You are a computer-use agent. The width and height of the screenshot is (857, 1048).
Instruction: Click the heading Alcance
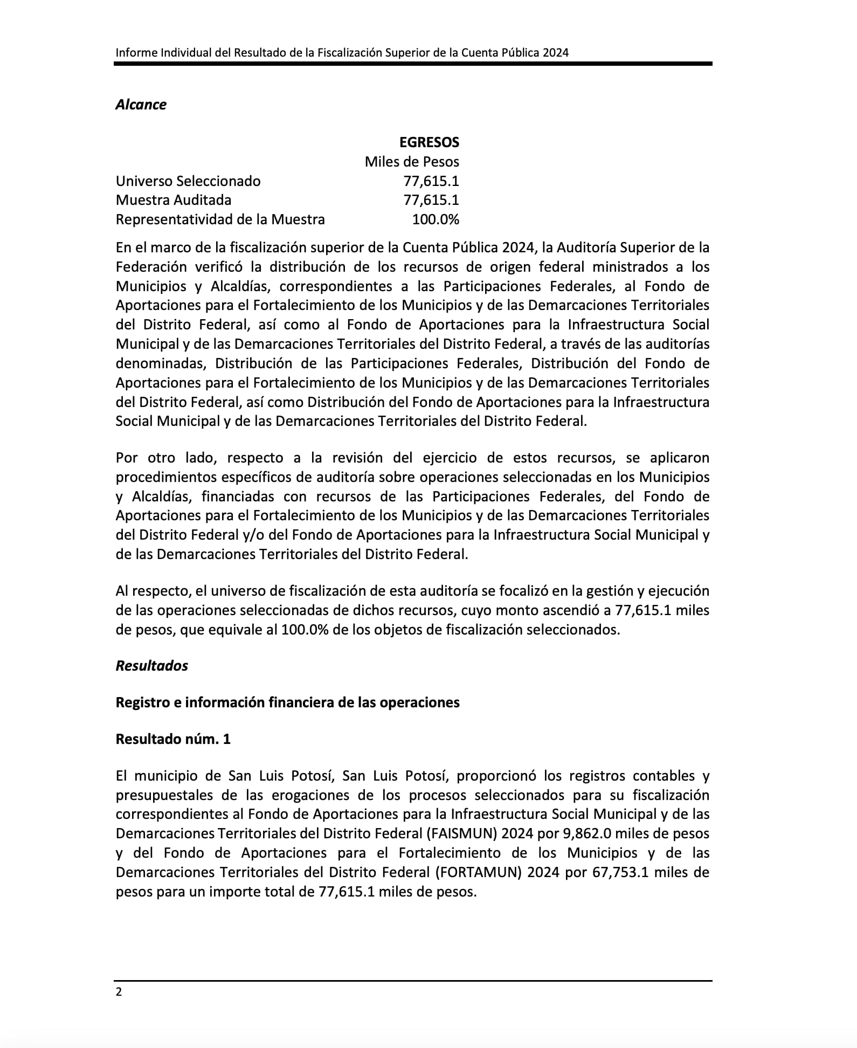(141, 105)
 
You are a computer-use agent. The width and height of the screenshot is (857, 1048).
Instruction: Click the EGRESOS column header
(428, 142)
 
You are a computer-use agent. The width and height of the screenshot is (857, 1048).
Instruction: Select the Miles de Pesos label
(412, 162)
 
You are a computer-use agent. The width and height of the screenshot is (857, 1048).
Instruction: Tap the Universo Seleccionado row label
(188, 181)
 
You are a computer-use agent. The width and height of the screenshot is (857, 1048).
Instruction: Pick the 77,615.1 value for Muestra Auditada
(431, 200)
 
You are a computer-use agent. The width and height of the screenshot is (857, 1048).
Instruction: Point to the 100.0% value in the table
(435, 219)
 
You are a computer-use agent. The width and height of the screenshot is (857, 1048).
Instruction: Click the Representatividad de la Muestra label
(220, 219)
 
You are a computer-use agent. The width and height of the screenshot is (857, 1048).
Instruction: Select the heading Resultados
(151, 666)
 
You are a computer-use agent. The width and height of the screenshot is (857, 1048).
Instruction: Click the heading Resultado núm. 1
(173, 739)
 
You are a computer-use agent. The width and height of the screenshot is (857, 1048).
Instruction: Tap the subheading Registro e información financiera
(287, 702)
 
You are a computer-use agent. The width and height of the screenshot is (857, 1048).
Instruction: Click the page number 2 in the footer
(119, 992)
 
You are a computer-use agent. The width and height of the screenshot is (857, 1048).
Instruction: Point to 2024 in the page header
(556, 52)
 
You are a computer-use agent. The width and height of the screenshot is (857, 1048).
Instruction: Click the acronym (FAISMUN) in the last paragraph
(461, 833)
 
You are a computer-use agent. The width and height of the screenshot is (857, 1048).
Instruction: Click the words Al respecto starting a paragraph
(153, 591)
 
